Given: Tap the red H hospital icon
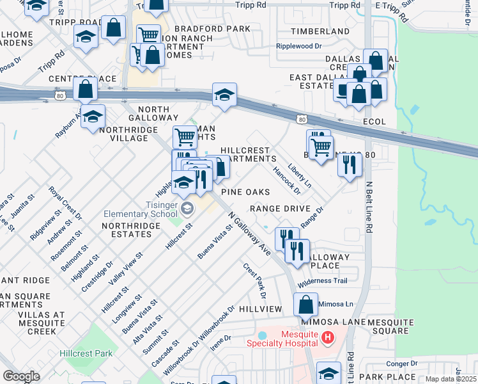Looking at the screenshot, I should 328,337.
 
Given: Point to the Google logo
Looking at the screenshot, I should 21,376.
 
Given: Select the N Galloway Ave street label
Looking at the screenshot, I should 249,235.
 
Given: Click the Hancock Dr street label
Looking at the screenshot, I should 286,180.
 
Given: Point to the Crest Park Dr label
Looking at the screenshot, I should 254,280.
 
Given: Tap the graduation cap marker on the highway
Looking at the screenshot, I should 224,96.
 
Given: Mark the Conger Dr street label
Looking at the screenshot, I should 401,363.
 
